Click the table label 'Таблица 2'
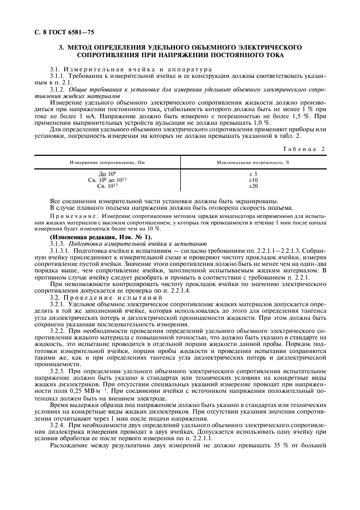[x=309, y=149]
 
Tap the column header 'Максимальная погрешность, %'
[x=253, y=162]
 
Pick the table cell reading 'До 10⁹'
[x=105, y=174]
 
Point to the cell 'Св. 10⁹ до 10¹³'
[x=105, y=180]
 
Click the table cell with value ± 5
[x=253, y=174]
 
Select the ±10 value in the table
[x=253, y=180]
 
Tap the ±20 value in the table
[x=253, y=186]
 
